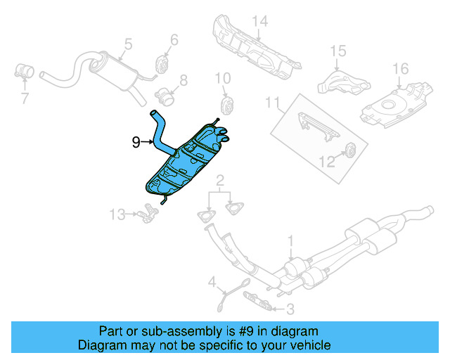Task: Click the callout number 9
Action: (136, 143)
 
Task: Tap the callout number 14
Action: (260, 22)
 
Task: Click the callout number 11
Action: (271, 104)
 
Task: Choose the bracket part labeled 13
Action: (146, 210)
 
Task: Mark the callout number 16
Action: (400, 69)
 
